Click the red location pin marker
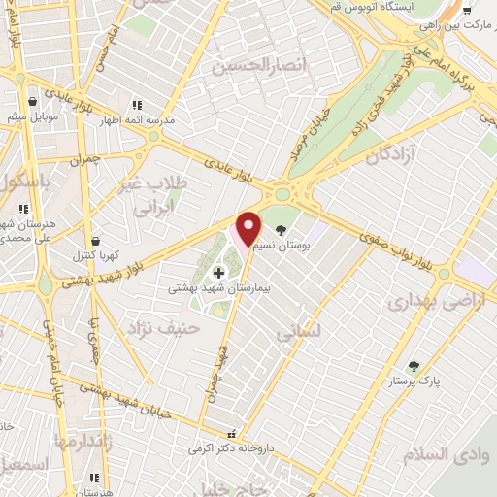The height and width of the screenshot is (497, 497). click(x=249, y=229)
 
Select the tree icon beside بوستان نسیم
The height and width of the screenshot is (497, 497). click(x=282, y=231)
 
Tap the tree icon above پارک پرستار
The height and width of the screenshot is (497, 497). click(x=415, y=365)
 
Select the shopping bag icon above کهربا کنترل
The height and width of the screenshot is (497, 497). click(x=95, y=241)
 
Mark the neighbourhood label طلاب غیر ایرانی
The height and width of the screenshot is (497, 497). click(x=156, y=195)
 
